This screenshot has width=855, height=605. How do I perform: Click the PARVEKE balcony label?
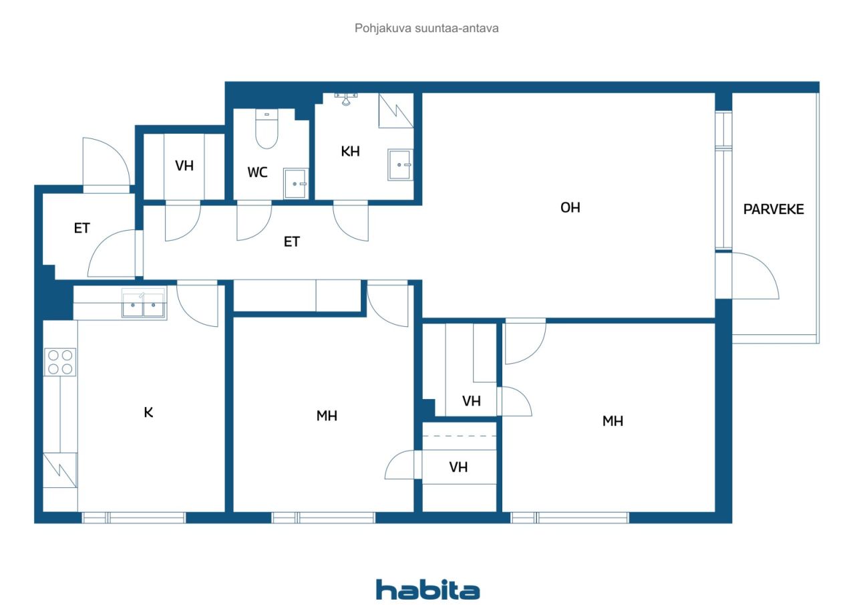click(774, 209)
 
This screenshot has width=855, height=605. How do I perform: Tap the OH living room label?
click(570, 207)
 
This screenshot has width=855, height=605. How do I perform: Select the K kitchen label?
click(148, 412)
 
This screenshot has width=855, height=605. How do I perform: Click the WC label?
click(257, 172)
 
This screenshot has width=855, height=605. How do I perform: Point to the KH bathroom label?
click(350, 152)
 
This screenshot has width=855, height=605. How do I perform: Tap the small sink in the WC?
click(295, 183)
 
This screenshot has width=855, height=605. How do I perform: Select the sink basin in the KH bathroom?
click(400, 164)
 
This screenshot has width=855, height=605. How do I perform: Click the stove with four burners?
click(59, 362)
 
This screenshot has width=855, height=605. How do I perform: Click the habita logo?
click(427, 590)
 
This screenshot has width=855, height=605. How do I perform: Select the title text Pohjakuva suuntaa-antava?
click(427, 28)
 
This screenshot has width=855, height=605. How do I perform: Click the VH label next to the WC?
click(184, 166)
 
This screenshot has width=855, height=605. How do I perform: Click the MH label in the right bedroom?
click(613, 421)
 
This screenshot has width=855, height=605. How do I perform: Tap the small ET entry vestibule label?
click(81, 228)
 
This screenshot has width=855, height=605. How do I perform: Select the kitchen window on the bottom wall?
click(134, 517)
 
